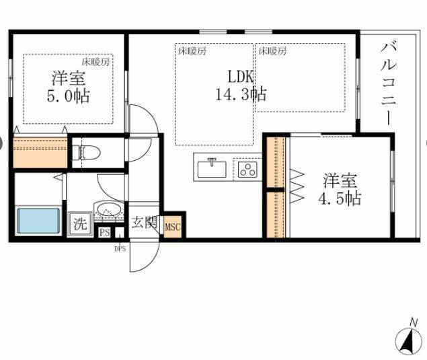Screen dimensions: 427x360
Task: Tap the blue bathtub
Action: [x=38, y=221]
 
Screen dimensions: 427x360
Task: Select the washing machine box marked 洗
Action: [x=80, y=224]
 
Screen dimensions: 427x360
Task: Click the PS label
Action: [x=105, y=232]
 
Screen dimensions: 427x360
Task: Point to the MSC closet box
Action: [x=173, y=227]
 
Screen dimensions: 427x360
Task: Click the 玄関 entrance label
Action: [x=144, y=223]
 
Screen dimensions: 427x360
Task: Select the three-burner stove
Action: [x=247, y=170]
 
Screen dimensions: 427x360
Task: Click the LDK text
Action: [x=241, y=77]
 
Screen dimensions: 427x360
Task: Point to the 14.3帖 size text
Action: [x=241, y=94]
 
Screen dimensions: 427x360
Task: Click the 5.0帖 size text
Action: [x=68, y=96]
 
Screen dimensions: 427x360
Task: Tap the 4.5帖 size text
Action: [x=340, y=199]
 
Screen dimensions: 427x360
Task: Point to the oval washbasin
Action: [x=109, y=210]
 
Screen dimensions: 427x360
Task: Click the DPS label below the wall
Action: [x=120, y=249]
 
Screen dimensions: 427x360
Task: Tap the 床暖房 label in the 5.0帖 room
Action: [x=96, y=63]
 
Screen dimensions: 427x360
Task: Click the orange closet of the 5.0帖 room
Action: [x=40, y=153]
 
